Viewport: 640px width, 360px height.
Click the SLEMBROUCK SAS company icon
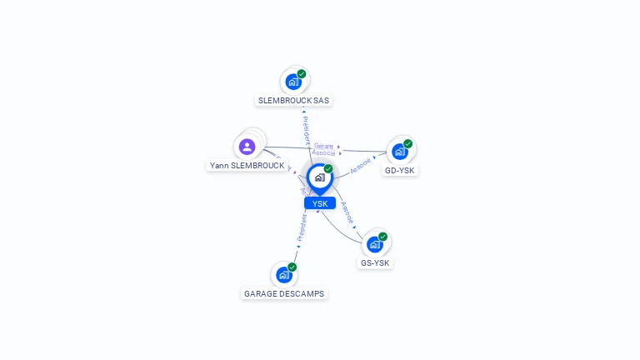tap(292, 82)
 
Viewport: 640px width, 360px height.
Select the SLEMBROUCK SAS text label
tap(293, 100)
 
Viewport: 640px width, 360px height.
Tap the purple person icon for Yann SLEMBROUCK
tap(247, 147)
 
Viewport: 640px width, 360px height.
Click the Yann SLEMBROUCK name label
tap(247, 166)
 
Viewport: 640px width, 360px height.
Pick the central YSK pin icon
tap(319, 177)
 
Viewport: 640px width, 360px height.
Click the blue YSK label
tap(320, 203)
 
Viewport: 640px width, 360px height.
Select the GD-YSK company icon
tap(400, 152)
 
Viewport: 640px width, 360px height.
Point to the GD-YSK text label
tap(400, 170)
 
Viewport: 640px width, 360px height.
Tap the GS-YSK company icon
tap(375, 244)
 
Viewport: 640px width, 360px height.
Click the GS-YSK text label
tap(375, 262)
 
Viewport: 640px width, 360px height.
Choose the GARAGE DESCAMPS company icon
tap(284, 274)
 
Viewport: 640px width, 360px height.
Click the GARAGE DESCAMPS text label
tap(284, 293)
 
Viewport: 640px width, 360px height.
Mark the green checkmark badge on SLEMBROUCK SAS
tap(302, 74)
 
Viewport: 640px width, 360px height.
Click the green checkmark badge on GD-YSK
tap(408, 143)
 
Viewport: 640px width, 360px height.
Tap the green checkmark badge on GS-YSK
tap(383, 236)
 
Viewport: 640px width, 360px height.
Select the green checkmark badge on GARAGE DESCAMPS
tap(292, 267)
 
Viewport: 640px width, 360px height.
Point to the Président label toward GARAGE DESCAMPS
tap(302, 227)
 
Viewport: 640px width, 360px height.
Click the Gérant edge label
tap(323, 146)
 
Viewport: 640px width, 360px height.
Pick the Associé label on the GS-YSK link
tap(348, 214)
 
